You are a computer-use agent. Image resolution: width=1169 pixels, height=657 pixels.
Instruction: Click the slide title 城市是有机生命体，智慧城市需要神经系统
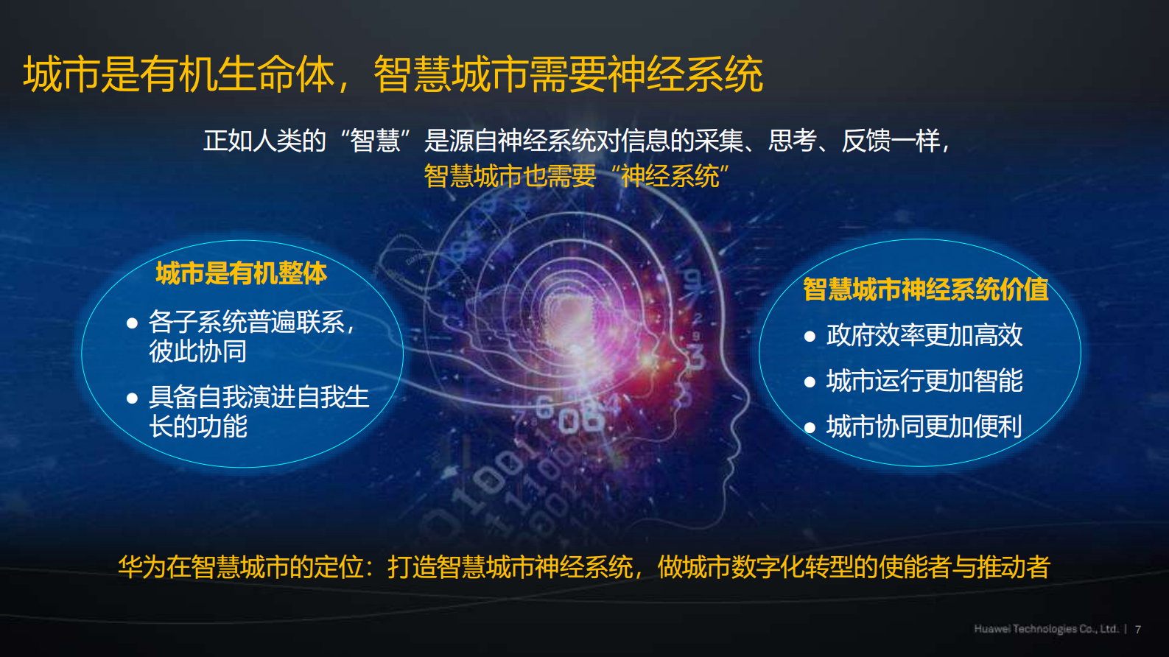pyautogui.click(x=393, y=74)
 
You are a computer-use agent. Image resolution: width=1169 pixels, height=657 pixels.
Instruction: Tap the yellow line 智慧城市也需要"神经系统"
pyautogui.click(x=576, y=176)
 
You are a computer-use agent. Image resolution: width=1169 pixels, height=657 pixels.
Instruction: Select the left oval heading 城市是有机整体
pyautogui.click(x=241, y=273)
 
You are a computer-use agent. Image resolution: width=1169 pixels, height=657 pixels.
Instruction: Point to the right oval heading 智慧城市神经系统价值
pyautogui.click(x=925, y=289)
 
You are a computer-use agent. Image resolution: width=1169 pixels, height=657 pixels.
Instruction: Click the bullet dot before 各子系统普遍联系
pyautogui.click(x=133, y=323)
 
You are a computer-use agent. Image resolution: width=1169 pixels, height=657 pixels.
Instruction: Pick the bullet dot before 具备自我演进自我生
pyautogui.click(x=133, y=398)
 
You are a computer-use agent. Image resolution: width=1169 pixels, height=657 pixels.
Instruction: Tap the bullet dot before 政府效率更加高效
pyautogui.click(x=810, y=337)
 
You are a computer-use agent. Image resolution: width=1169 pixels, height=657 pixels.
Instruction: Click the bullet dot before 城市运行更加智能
pyautogui.click(x=810, y=382)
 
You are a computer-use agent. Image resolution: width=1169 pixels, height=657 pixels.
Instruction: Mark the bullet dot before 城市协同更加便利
pyautogui.click(x=810, y=427)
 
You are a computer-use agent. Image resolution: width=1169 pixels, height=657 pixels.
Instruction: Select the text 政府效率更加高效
pyautogui.click(x=924, y=336)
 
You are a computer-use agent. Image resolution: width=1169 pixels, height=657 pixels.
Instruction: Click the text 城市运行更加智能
pyautogui.click(x=924, y=381)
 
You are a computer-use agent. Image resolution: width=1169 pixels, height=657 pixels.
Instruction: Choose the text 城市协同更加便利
pyautogui.click(x=924, y=426)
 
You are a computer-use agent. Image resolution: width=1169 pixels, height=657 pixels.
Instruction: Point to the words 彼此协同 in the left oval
pyautogui.click(x=197, y=351)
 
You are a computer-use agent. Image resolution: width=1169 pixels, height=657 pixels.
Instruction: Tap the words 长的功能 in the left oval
pyautogui.click(x=197, y=426)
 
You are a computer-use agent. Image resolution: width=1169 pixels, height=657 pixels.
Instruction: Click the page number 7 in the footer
pyautogui.click(x=1138, y=629)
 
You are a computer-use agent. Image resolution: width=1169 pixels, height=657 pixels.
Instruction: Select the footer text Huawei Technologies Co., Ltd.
pyautogui.click(x=1046, y=629)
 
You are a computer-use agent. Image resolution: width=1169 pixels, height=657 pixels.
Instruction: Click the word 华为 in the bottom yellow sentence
pyautogui.click(x=141, y=567)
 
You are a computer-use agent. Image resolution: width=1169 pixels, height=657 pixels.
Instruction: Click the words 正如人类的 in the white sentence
pyautogui.click(x=264, y=140)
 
